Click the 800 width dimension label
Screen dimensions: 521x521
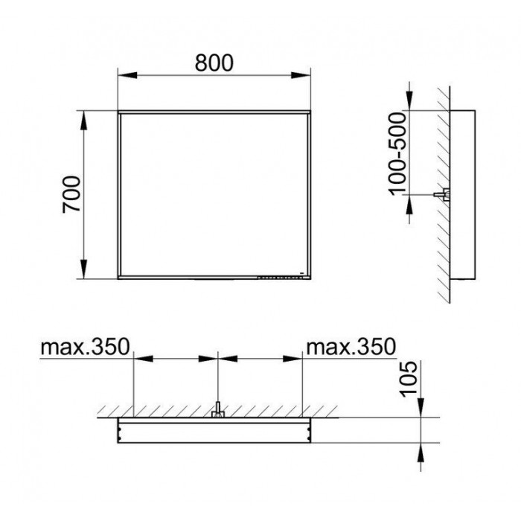(214, 63)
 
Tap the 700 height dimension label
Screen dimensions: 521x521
(71, 194)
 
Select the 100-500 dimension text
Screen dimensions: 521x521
(397, 154)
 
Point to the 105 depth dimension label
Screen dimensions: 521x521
(408, 379)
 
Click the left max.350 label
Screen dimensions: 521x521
(85, 347)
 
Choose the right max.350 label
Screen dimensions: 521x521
(351, 347)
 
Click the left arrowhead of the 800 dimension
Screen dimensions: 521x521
(127, 75)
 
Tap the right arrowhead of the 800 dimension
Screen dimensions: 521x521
(301, 75)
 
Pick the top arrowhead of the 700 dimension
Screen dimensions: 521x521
(83, 121)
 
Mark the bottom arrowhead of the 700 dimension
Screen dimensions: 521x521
(83, 269)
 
